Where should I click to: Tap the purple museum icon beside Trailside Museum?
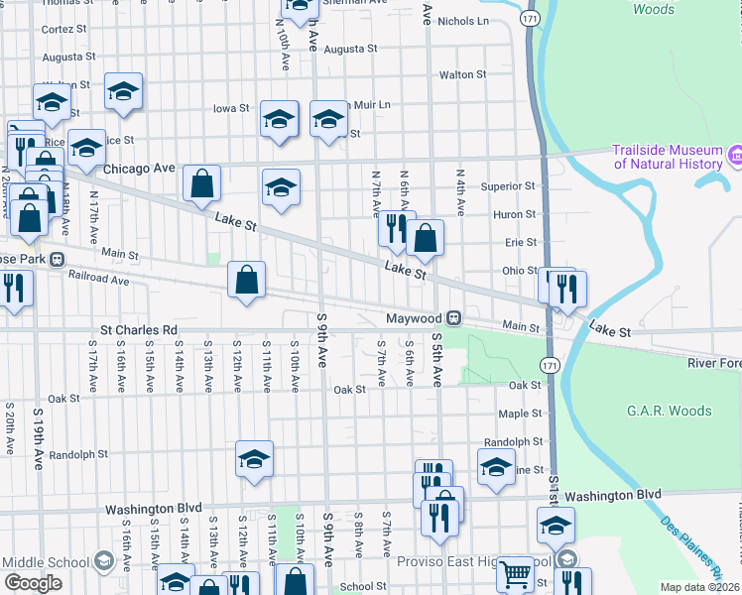pos(735,156)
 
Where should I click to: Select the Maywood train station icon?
pos(453,318)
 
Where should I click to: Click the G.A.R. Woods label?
pos(670,411)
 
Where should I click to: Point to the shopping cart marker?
pos(516,572)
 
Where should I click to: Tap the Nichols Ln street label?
pos(463,20)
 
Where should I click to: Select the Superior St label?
pos(508,185)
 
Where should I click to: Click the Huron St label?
pos(515,213)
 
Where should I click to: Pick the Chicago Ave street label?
pos(139,169)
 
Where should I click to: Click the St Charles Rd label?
pos(138,329)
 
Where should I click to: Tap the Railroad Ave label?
pos(99,281)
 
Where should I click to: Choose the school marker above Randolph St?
pos(254,459)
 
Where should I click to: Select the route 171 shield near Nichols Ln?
pos(532,19)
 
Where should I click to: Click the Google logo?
pos(34,583)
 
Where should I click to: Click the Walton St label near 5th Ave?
pos(462,74)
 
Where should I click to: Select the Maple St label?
pos(520,413)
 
